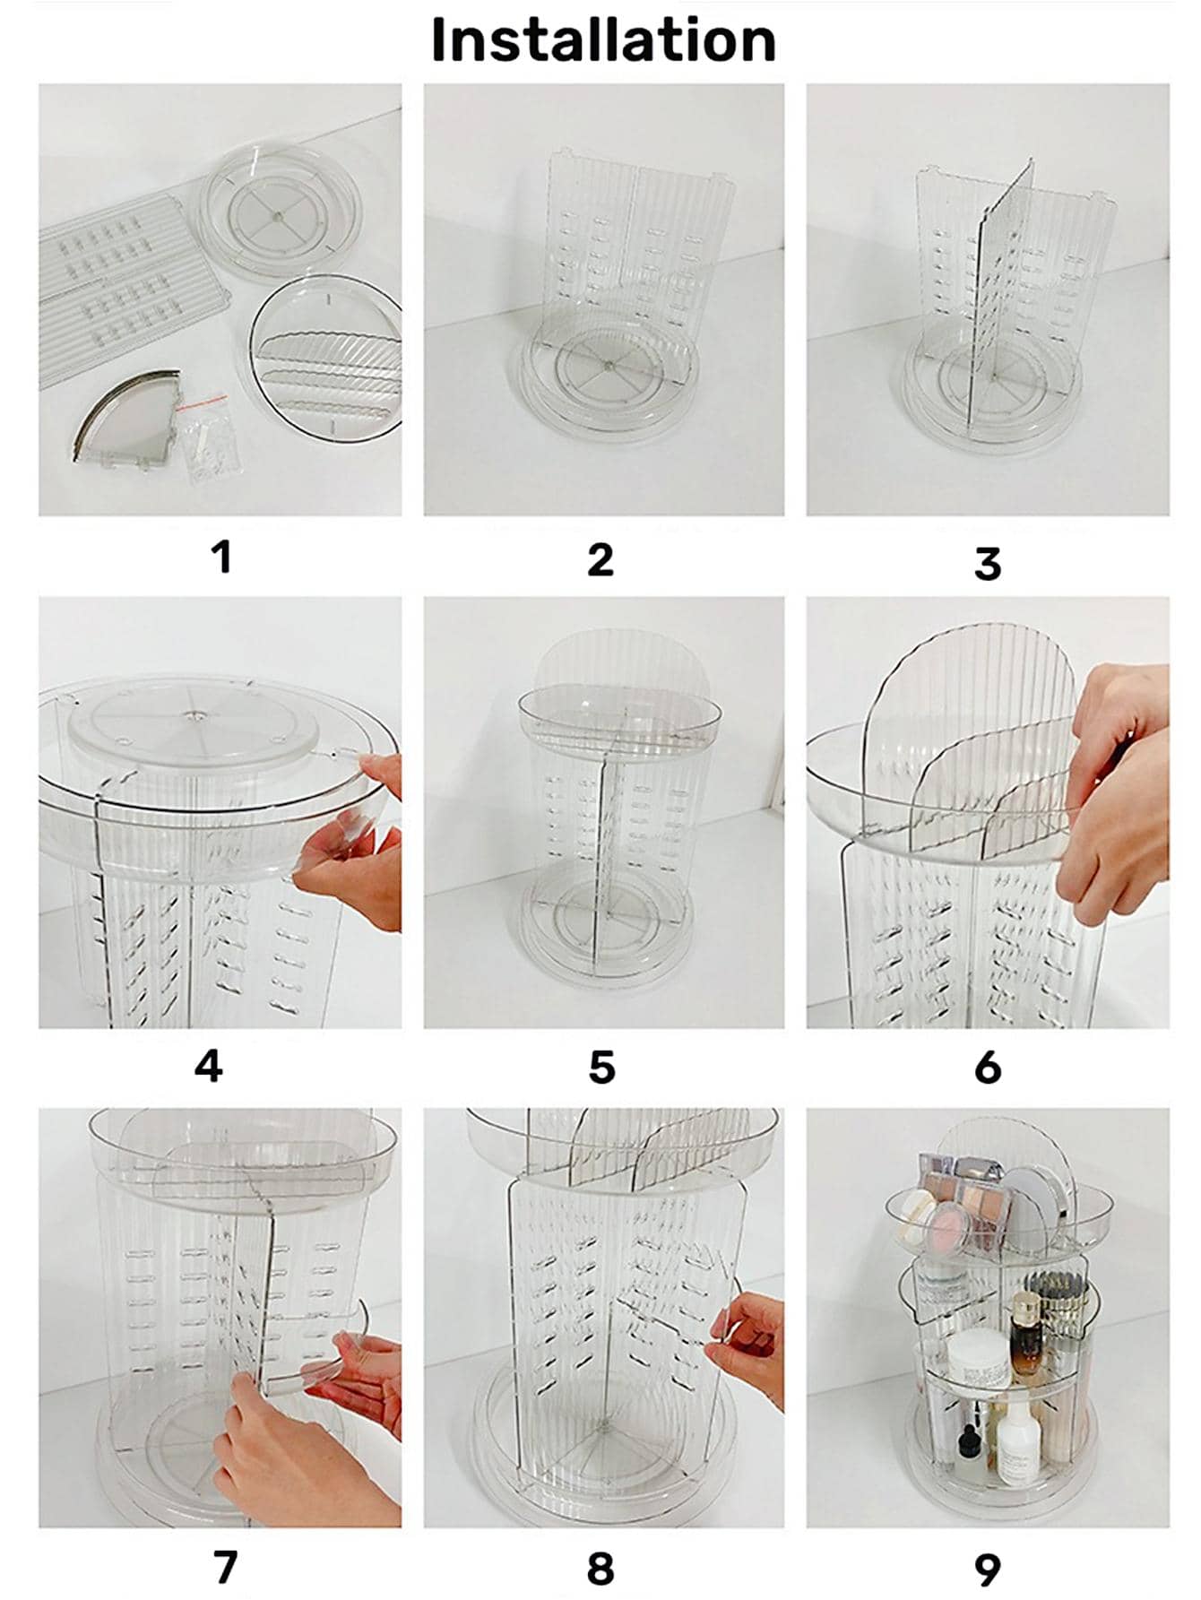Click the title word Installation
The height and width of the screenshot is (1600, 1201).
point(603,41)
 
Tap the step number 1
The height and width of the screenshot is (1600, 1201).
point(221,557)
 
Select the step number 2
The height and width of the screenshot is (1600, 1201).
point(600,559)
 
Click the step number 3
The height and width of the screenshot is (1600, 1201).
point(987,564)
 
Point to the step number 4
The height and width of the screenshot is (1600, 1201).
point(208,1067)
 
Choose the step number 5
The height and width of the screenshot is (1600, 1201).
point(601,1068)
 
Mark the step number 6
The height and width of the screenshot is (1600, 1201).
point(987,1068)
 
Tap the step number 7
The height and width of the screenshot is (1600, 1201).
point(225,1567)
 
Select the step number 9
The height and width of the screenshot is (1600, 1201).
point(987,1570)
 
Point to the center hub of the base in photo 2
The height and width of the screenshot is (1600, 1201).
point(607,365)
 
